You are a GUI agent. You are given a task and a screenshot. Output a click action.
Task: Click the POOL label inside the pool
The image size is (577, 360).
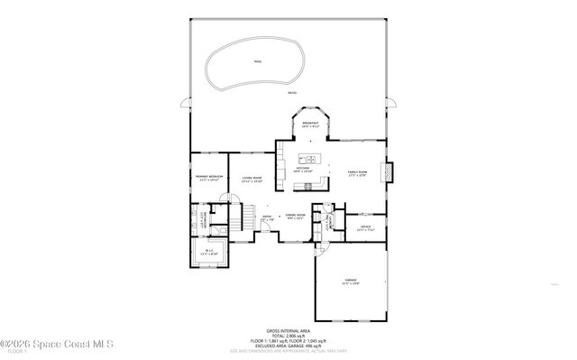(x=257, y=61)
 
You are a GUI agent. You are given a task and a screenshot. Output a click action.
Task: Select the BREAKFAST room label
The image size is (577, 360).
(x=312, y=124)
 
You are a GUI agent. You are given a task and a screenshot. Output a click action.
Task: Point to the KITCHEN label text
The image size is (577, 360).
(x=302, y=169)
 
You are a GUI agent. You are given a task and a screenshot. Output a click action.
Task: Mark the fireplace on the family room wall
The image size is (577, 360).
(x=389, y=172)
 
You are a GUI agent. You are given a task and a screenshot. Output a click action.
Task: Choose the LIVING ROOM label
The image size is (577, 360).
(x=252, y=180)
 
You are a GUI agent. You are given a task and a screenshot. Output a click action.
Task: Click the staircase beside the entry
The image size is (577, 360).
(x=242, y=217)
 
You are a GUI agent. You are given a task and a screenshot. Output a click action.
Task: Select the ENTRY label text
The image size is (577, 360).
(x=267, y=217)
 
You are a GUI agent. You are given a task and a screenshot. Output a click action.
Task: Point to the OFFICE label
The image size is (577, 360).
(x=365, y=226)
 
